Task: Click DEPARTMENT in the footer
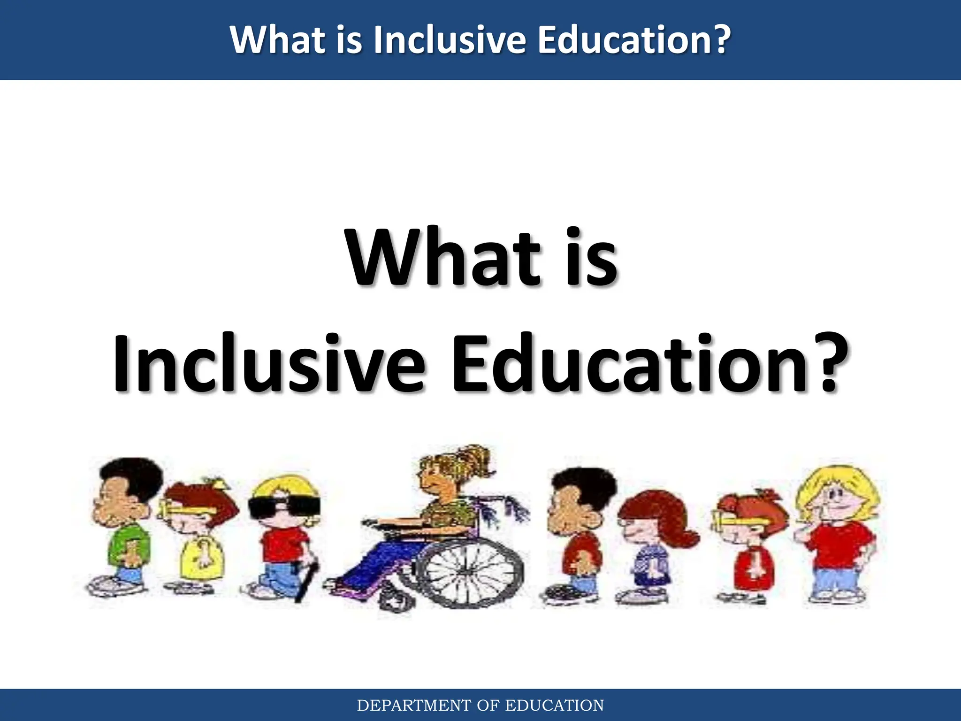pos(413,706)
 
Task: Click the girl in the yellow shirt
pos(197,540)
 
